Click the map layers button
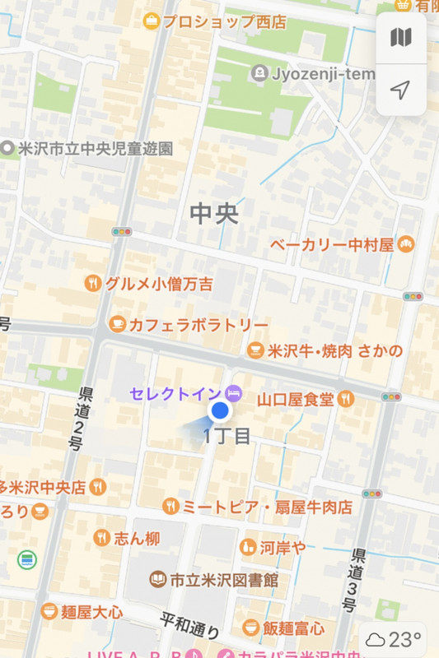pyautogui.click(x=401, y=37)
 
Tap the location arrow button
pyautogui.click(x=401, y=89)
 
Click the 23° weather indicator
pyautogui.click(x=395, y=638)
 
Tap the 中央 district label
pyautogui.click(x=214, y=213)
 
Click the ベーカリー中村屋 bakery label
pyautogui.click(x=343, y=244)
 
